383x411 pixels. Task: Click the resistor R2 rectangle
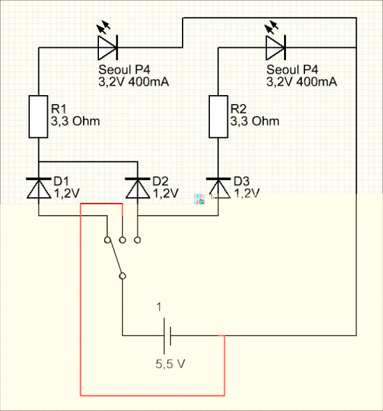[x=219, y=116]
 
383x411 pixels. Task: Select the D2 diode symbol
[x=138, y=188]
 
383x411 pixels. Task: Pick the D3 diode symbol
[x=219, y=188]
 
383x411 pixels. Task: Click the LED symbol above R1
[x=107, y=45]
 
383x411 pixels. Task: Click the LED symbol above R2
[x=275, y=45]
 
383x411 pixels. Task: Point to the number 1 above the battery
[x=160, y=307]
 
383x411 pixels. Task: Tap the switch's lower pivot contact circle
[x=122, y=276]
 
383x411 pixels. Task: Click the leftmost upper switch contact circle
[x=107, y=240]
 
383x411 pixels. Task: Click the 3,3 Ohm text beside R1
[x=75, y=121]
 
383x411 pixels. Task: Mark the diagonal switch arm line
[x=115, y=258]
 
